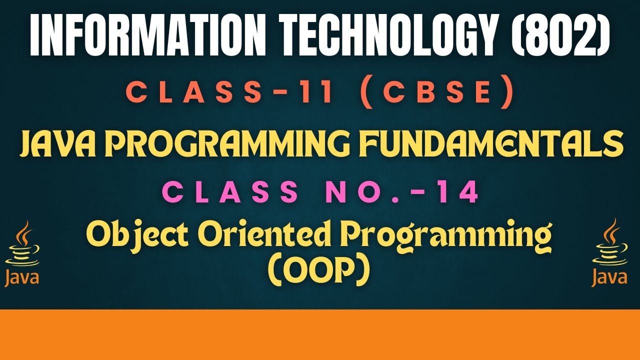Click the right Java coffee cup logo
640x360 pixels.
tap(610, 252)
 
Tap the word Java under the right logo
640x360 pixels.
tap(610, 277)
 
